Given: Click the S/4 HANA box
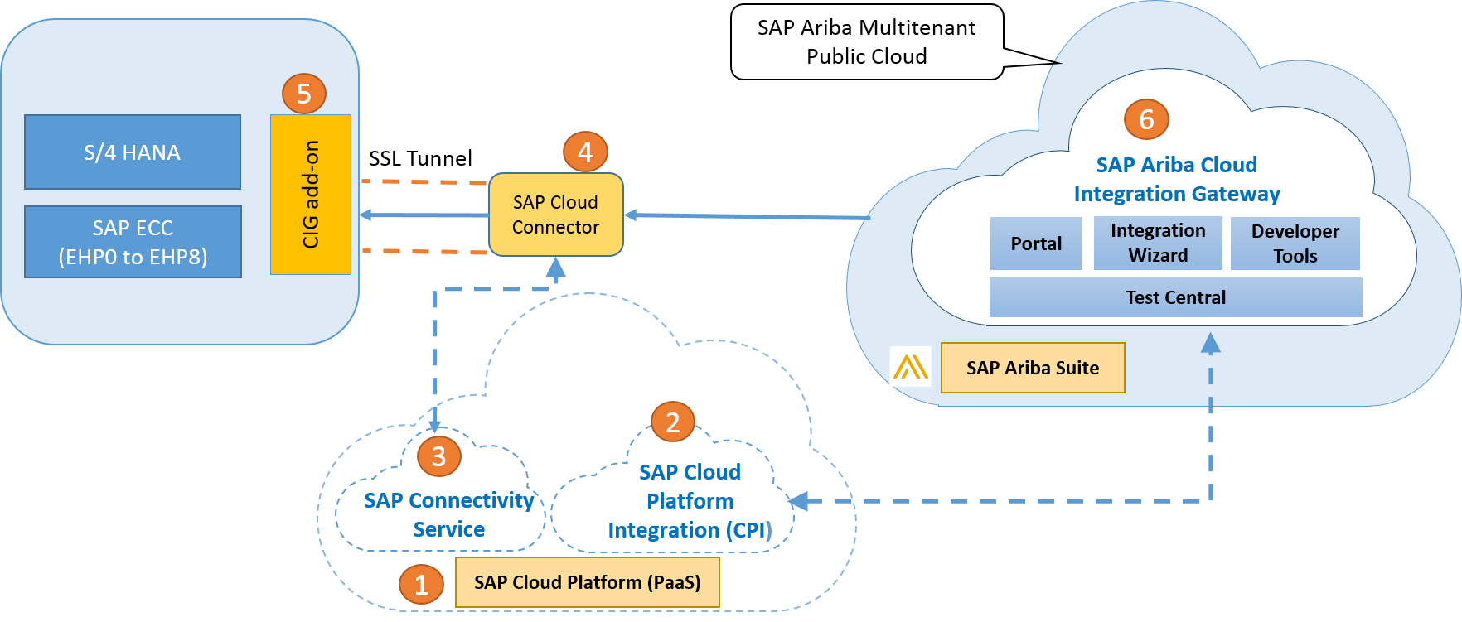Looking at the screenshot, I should click(133, 152).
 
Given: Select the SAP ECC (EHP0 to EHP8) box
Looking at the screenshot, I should click(133, 242).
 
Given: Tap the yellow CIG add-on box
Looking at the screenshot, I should click(311, 195).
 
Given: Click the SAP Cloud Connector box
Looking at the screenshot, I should click(555, 215).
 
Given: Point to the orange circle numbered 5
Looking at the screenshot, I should click(304, 94).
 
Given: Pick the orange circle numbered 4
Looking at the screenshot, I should click(585, 152).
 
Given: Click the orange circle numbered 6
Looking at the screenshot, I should click(1146, 119).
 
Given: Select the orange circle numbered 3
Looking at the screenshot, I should click(438, 456).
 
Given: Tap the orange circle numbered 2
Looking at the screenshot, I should click(672, 422).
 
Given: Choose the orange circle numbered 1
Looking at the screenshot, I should click(421, 584).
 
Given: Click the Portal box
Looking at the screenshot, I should click(1036, 243).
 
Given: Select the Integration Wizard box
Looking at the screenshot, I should click(1158, 243).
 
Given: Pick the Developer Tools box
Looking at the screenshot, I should click(1295, 243).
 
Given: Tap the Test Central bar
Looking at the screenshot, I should click(1175, 297).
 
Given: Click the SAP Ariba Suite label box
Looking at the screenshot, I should click(1033, 368).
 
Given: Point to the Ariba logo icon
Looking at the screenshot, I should click(910, 367).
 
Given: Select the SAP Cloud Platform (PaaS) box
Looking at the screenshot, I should click(587, 582).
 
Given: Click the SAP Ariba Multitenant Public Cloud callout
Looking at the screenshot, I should click(866, 42).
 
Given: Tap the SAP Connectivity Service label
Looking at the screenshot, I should click(448, 514).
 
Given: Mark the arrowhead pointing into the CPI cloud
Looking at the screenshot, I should click(798, 501).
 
